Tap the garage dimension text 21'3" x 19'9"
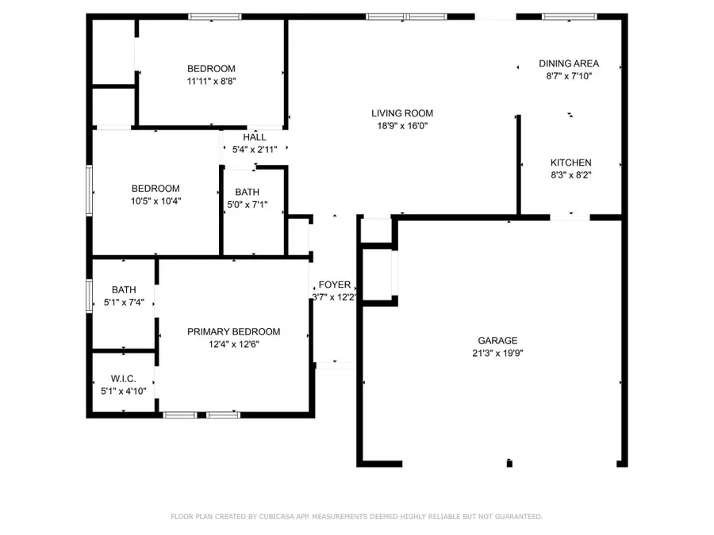pyautogui.click(x=497, y=353)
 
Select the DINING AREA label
pyautogui.click(x=569, y=63)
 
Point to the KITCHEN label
pyautogui.click(x=571, y=162)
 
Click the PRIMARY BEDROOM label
pyautogui.click(x=233, y=332)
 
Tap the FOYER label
pyautogui.click(x=335, y=285)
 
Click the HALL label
pyautogui.click(x=255, y=137)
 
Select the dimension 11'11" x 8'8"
pyautogui.click(x=211, y=81)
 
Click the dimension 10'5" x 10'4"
pyautogui.click(x=155, y=201)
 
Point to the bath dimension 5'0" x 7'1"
pyautogui.click(x=247, y=204)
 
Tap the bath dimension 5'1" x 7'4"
pyautogui.click(x=124, y=303)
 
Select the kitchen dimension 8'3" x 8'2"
pyautogui.click(x=571, y=175)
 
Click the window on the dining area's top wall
pyautogui.click(x=569, y=16)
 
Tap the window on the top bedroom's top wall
pyautogui.click(x=215, y=16)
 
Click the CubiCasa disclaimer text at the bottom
pyautogui.click(x=357, y=516)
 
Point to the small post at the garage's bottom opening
pyautogui.click(x=509, y=463)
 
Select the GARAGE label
pyautogui.click(x=497, y=341)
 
